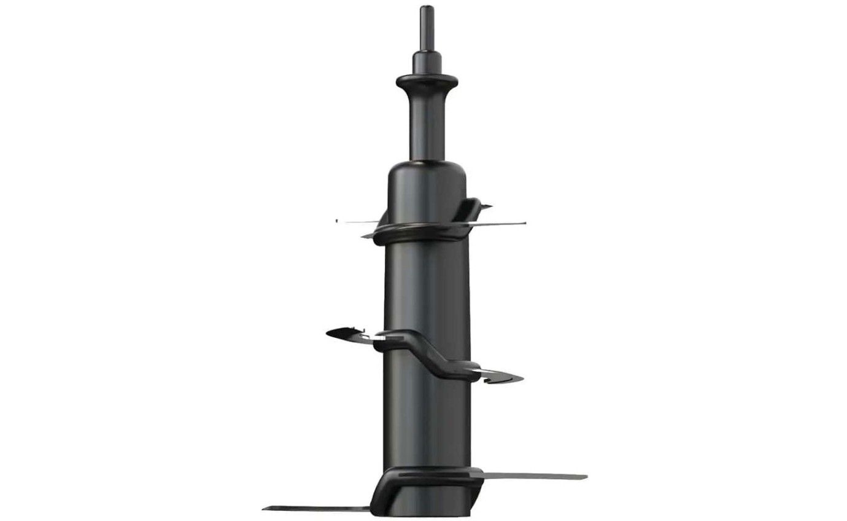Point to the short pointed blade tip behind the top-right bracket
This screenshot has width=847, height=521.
(x=485, y=206)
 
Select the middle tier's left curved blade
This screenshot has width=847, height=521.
(x=347, y=334)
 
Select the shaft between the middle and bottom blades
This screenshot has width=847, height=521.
(x=427, y=424)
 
